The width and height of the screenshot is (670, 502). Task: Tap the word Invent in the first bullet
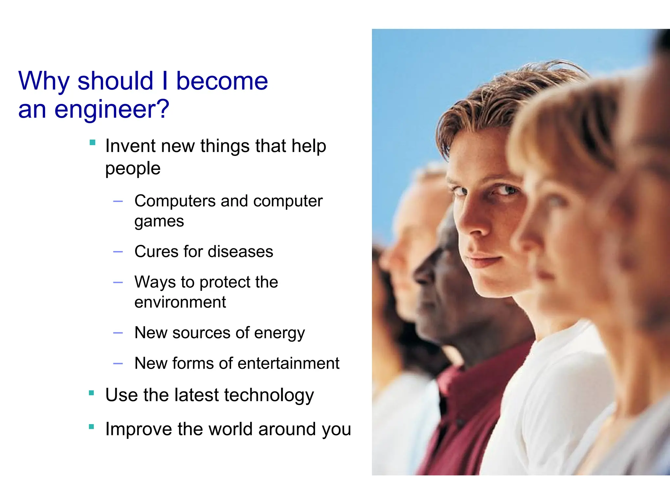[x=130, y=146]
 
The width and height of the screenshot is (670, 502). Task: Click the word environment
[x=180, y=302]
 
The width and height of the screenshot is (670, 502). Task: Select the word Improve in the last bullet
[x=138, y=429]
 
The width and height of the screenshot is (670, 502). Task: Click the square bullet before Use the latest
[x=92, y=393]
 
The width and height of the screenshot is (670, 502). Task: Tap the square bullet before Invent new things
[x=92, y=142]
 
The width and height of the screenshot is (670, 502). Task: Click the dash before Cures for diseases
[x=118, y=252]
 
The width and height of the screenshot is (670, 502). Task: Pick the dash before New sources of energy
[x=118, y=333]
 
